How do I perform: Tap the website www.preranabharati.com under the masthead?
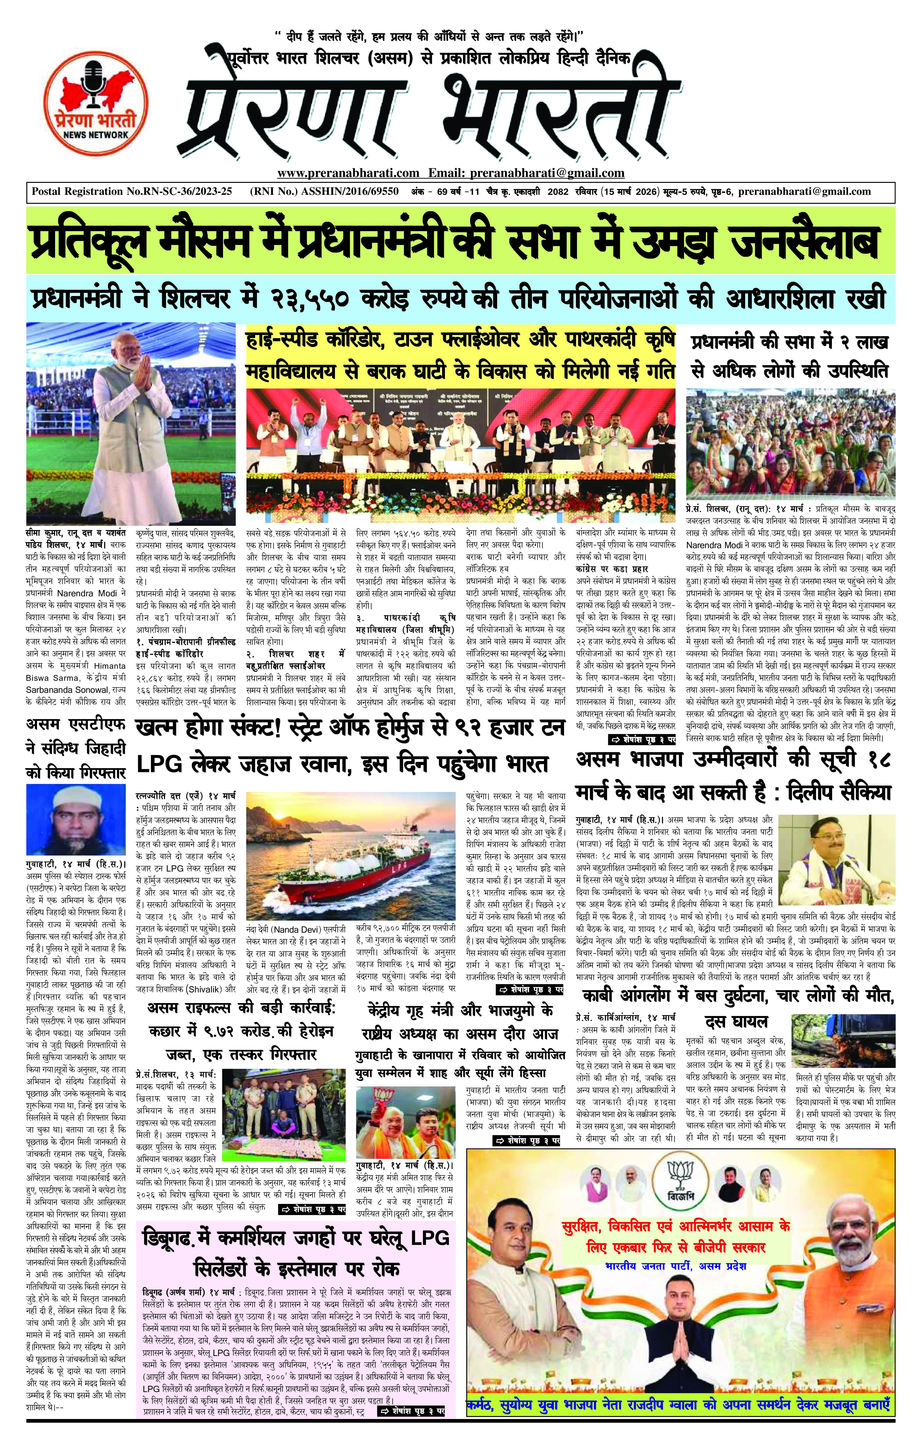348,173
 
